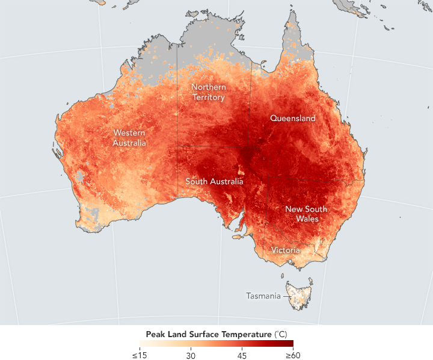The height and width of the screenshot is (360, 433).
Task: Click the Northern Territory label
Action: coord(208,92)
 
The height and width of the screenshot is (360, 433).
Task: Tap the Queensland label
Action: coord(292,119)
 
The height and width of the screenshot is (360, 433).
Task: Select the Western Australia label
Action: coord(129,138)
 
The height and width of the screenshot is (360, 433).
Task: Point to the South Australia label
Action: coord(214,181)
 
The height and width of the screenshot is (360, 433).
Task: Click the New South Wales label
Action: coord(306,214)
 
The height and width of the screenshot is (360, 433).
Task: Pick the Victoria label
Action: coord(285,250)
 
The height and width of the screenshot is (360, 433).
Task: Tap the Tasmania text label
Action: coord(263,296)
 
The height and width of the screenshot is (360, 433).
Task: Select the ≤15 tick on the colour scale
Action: coord(140,355)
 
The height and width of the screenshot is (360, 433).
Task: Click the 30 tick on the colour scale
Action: coord(191,355)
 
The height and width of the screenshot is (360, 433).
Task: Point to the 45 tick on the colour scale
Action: coord(242,355)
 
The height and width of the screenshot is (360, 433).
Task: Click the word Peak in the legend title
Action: coord(156,334)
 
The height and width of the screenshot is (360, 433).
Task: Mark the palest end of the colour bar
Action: coord(142,344)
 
